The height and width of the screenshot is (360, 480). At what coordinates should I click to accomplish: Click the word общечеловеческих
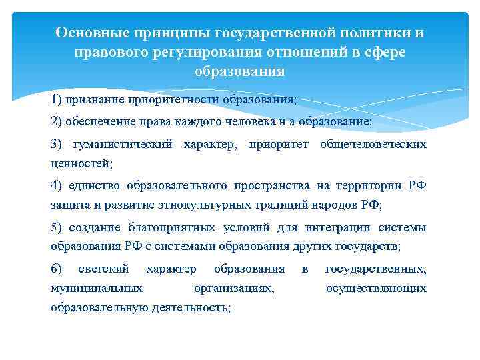click(373, 144)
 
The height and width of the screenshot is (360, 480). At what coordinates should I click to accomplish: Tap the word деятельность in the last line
click(192, 307)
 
